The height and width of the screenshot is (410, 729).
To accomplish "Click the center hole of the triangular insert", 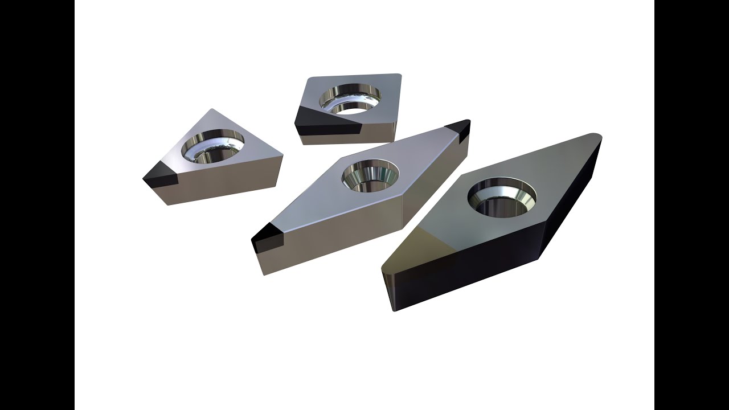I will point(212,147).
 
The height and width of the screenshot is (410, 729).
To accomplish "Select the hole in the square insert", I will point(349,99).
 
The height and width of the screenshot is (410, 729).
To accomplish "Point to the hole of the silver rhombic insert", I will point(370,175).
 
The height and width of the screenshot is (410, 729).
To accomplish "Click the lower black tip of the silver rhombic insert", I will point(267,238).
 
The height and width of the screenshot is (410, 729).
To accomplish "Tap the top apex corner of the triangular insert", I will point(211,110).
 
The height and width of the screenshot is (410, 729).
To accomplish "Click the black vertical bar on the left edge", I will point(37,205).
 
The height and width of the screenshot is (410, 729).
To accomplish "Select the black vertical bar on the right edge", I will point(691,205).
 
